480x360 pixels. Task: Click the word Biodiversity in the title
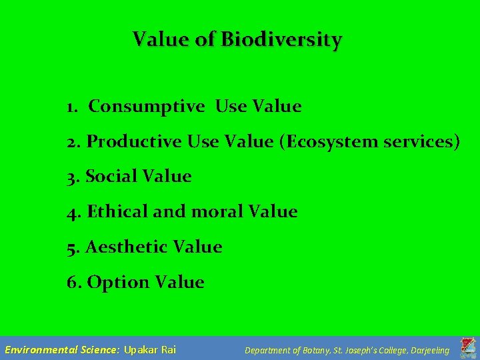click(x=281, y=40)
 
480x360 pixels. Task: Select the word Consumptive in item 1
click(x=147, y=107)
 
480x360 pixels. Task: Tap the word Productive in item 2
click(x=134, y=141)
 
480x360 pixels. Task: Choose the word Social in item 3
click(x=109, y=177)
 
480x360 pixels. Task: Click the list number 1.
click(x=72, y=107)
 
